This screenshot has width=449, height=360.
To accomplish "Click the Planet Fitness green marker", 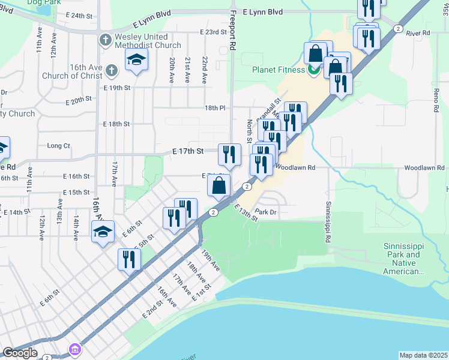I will point(313,70).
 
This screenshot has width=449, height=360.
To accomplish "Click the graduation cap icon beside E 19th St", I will point(137,60).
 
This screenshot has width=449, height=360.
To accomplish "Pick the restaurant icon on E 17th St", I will point(229,155).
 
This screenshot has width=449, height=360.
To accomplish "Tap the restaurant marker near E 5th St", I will point(129,259).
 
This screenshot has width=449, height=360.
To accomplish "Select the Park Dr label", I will point(265,212).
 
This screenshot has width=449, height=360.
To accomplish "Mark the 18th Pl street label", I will point(214,108).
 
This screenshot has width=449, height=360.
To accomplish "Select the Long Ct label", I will point(58,146).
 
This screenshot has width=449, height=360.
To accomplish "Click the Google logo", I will point(19,353).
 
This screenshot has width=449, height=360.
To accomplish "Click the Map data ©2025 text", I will point(423,355).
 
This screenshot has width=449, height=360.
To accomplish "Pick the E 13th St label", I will point(246,212).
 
